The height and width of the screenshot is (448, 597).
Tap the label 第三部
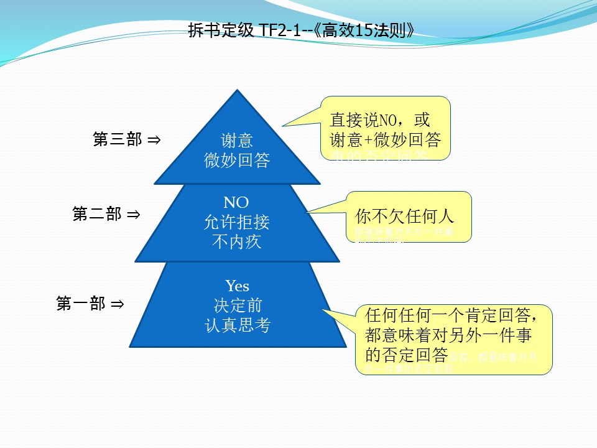(118, 140)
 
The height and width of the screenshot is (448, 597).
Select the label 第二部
(97, 215)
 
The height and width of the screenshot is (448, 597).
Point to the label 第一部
(81, 304)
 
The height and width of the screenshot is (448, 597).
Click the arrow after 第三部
(154, 141)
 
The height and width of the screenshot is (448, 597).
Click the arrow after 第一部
(117, 305)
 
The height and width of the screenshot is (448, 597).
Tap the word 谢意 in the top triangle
(237, 140)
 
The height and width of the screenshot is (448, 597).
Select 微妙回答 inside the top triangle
(237, 161)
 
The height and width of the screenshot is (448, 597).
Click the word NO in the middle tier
(236, 202)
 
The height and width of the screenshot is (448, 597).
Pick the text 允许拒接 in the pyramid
(237, 222)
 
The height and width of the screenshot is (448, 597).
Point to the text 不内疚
(237, 241)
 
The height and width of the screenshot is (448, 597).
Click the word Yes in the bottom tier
(237, 286)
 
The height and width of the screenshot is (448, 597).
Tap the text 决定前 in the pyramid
(237, 306)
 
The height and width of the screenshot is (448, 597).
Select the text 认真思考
(237, 325)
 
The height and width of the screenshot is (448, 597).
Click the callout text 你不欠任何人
(405, 217)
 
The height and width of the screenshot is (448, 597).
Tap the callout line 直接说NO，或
(379, 119)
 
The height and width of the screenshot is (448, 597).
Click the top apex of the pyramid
(237, 91)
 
